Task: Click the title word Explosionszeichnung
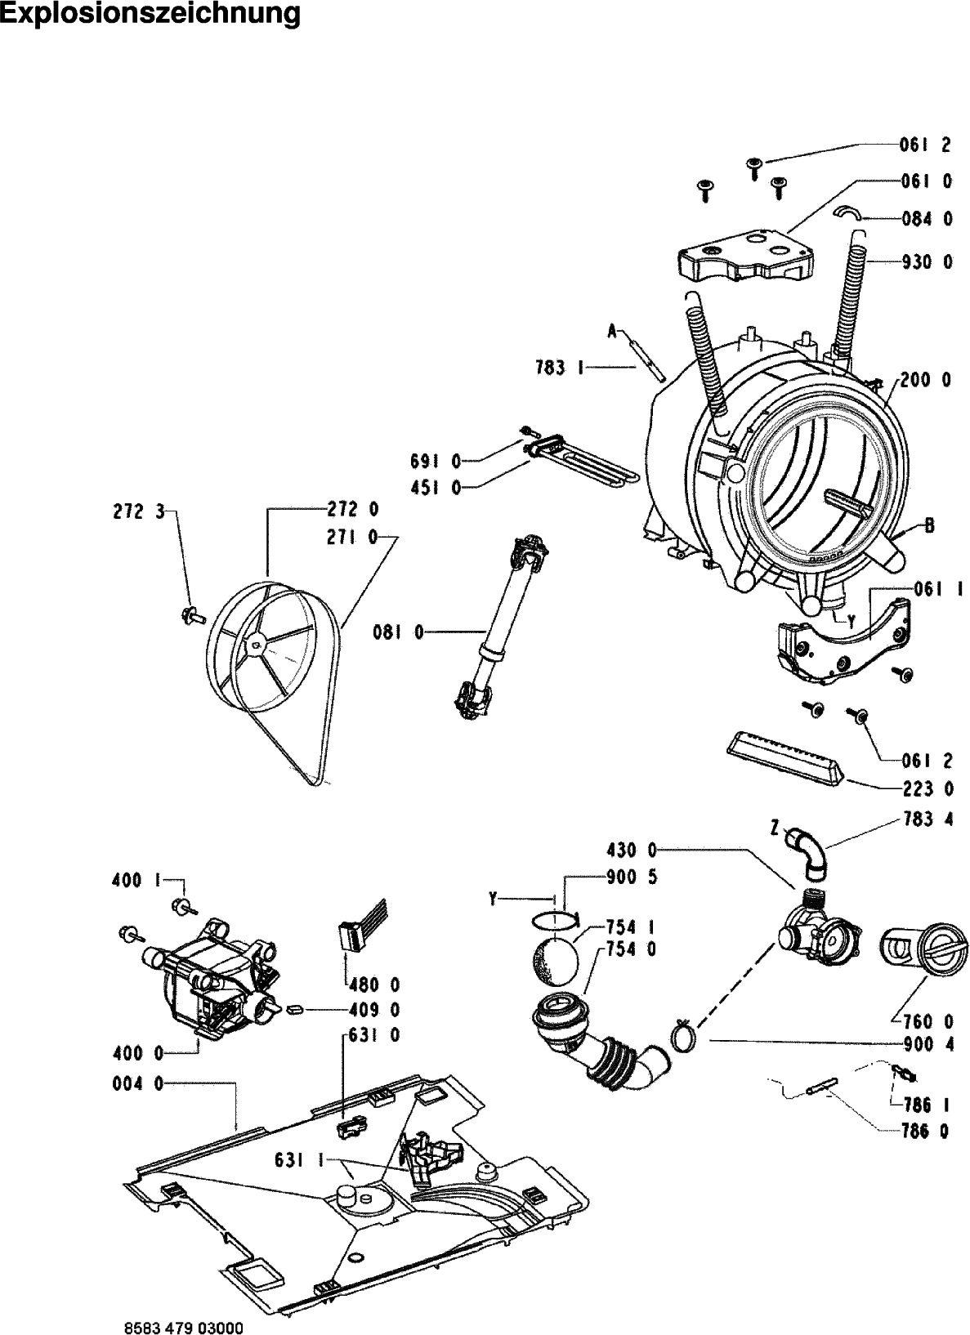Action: (x=150, y=14)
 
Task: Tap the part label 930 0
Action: (x=927, y=261)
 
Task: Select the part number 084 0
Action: (x=927, y=219)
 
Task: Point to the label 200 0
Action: (x=925, y=380)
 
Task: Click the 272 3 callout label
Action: (x=138, y=512)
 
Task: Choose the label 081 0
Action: (x=398, y=632)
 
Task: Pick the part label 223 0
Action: (x=928, y=789)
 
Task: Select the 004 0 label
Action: (x=138, y=1084)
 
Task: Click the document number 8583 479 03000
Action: (x=184, y=1328)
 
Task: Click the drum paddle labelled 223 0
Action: (x=784, y=759)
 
